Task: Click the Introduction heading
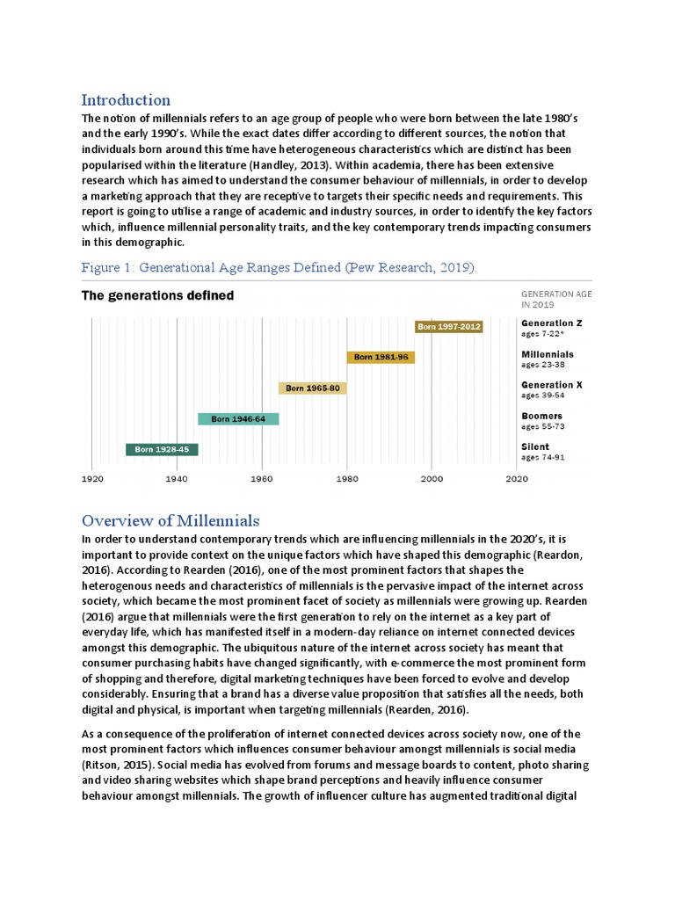[126, 99]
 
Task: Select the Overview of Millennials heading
[171, 520]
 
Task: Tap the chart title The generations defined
[157, 295]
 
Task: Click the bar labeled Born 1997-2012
[448, 327]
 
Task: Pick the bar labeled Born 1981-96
[381, 357]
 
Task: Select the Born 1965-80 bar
[312, 388]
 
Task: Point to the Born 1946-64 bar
[237, 419]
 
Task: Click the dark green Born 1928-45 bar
[162, 450]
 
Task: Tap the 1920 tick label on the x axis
[92, 480]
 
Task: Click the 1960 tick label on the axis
[262, 480]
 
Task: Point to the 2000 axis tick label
[432, 480]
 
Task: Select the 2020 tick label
[516, 480]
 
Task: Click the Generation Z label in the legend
[551, 323]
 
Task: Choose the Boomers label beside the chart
[541, 416]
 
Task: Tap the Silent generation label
[535, 446]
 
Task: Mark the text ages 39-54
[542, 396]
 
